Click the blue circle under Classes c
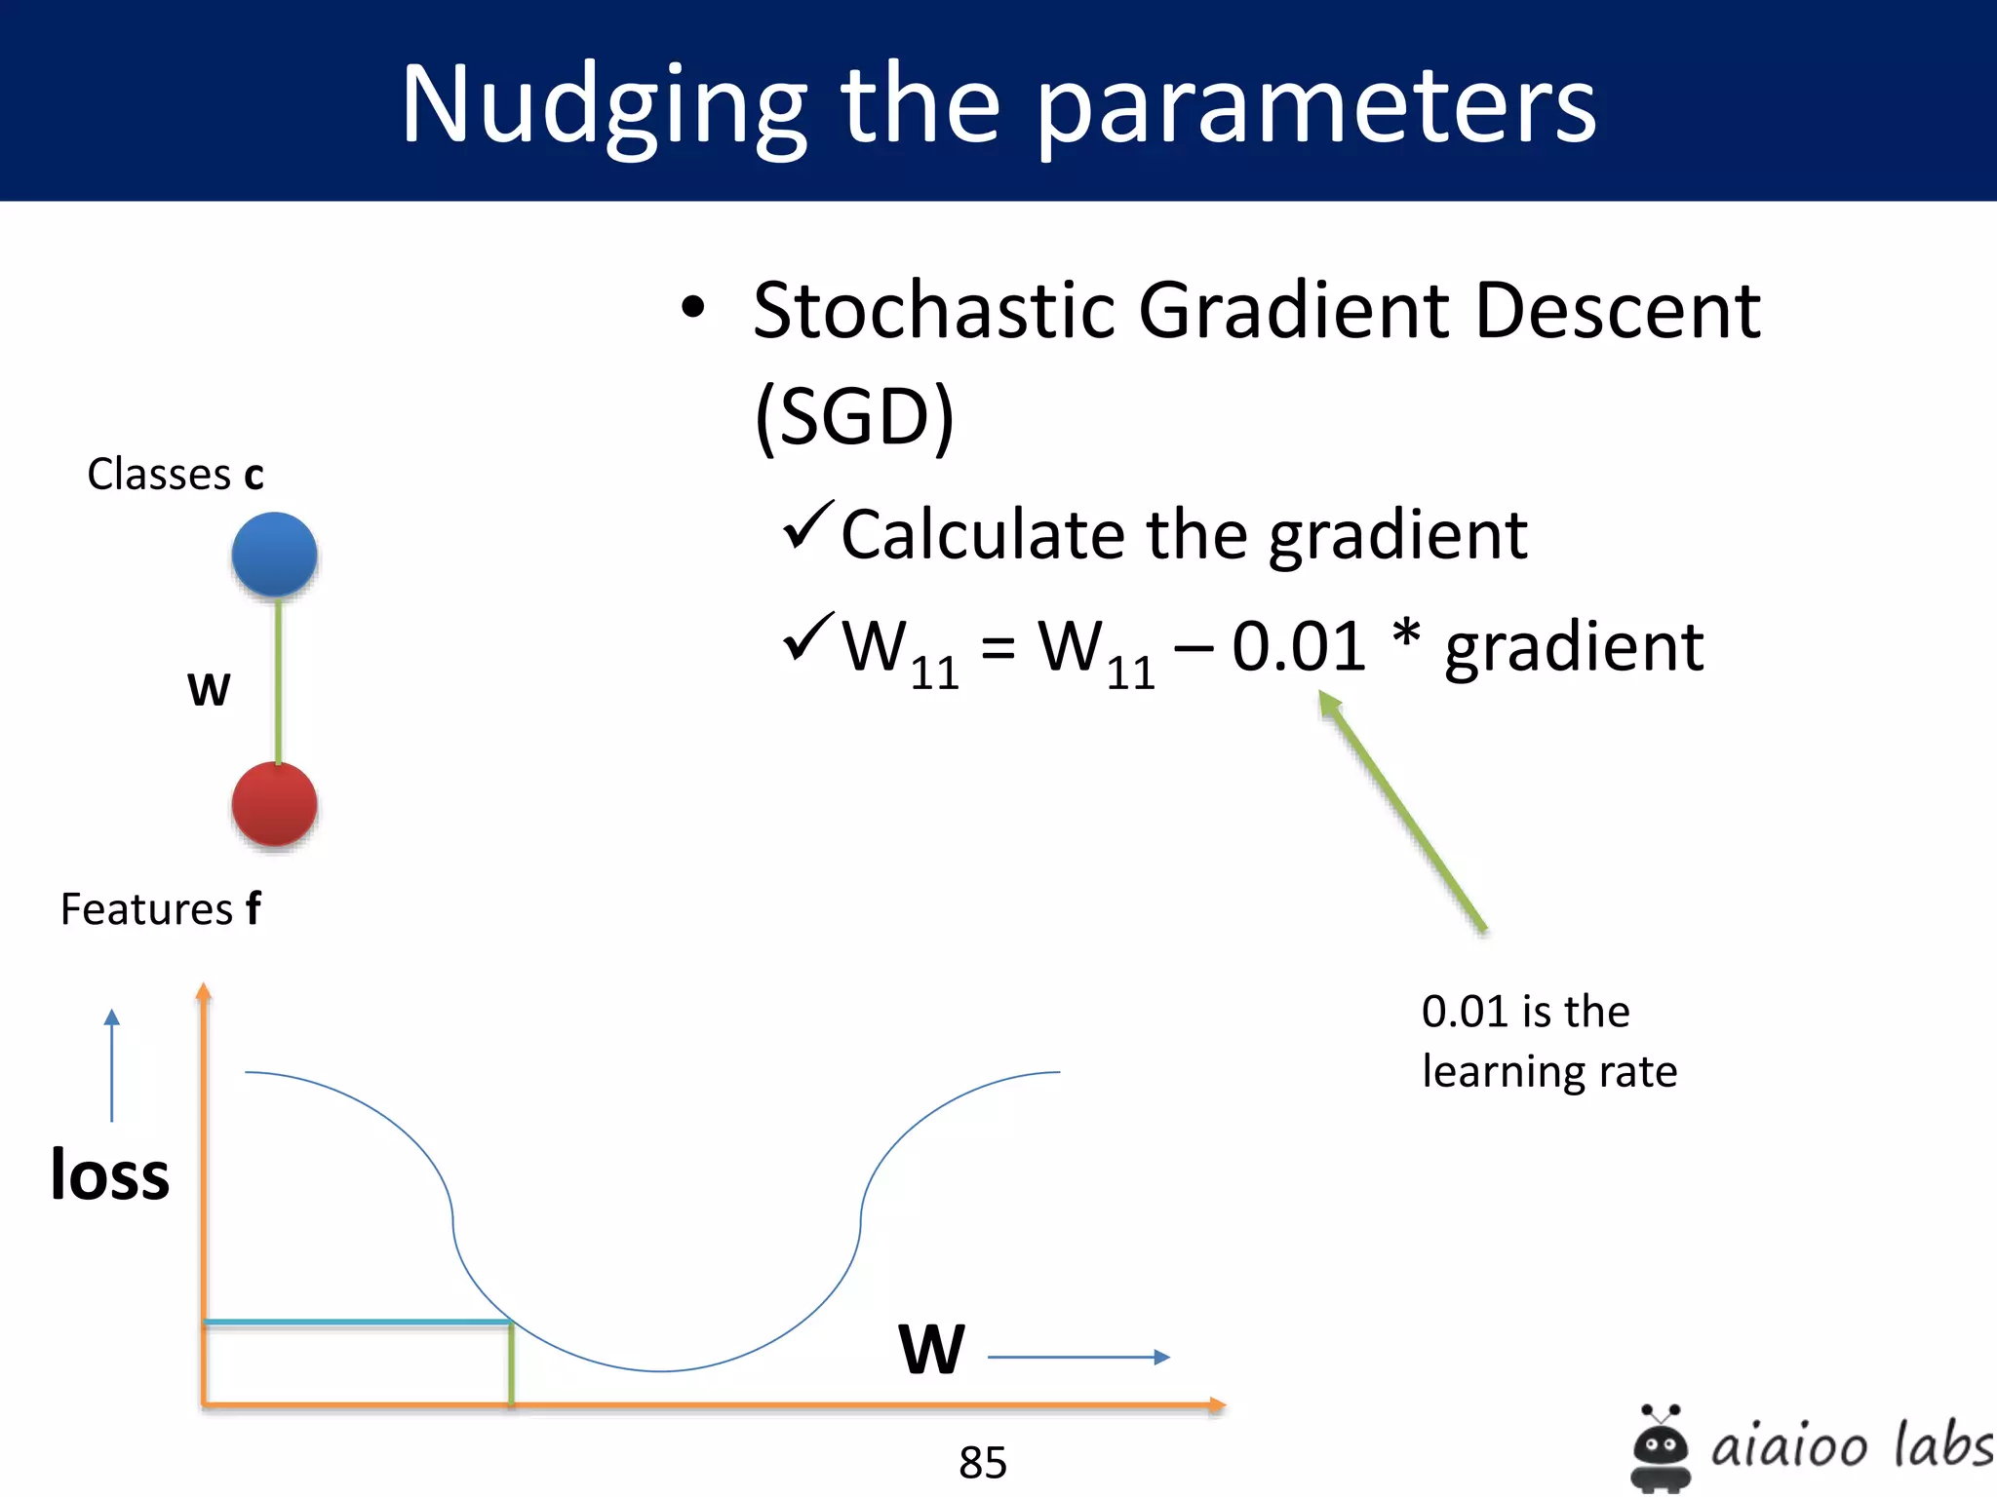click(x=274, y=554)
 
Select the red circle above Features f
click(x=274, y=804)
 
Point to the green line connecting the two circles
click(x=278, y=680)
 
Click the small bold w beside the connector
click(x=209, y=688)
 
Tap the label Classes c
click(x=176, y=475)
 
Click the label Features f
click(x=161, y=908)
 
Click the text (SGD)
click(x=854, y=416)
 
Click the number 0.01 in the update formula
click(x=1298, y=647)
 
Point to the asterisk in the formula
click(x=1405, y=634)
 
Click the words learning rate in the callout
click(x=1548, y=1071)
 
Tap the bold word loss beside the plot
click(x=109, y=1174)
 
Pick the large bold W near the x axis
click(x=931, y=1350)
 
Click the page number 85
click(x=982, y=1461)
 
